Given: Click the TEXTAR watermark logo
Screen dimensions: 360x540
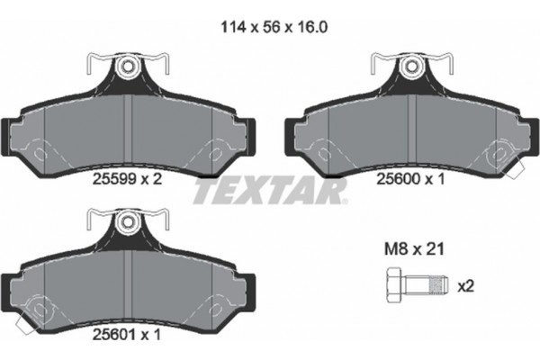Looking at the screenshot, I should [x=270, y=191].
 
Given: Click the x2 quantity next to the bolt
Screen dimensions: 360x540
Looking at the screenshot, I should [x=465, y=287].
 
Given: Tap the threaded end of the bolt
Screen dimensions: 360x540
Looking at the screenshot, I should [x=436, y=288].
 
